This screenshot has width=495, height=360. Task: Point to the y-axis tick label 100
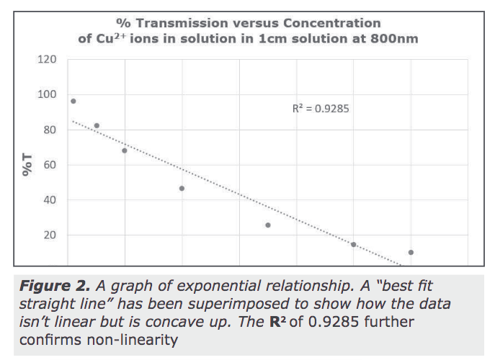(x=47, y=94)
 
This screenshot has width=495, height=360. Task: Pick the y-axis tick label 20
(x=49, y=235)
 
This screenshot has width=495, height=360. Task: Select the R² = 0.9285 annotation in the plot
(x=321, y=109)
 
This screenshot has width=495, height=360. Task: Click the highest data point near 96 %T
(x=73, y=101)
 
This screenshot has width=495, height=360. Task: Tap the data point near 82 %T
(x=97, y=125)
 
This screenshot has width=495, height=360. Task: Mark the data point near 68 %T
(x=125, y=150)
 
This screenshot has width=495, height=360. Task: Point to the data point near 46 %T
(x=182, y=189)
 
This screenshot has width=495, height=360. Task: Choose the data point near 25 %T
(x=268, y=225)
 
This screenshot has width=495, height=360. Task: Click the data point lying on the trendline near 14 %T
(x=354, y=245)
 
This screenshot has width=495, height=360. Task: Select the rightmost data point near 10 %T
(x=411, y=252)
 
